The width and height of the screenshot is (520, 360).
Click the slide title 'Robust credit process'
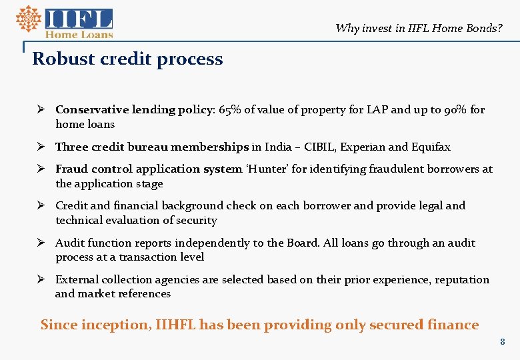tap(127, 59)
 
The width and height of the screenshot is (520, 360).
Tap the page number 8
tap(503, 342)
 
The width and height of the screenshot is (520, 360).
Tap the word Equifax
tap(430, 147)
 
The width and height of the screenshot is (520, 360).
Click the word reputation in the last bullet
tap(462, 279)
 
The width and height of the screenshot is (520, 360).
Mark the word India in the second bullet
tap(278, 147)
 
